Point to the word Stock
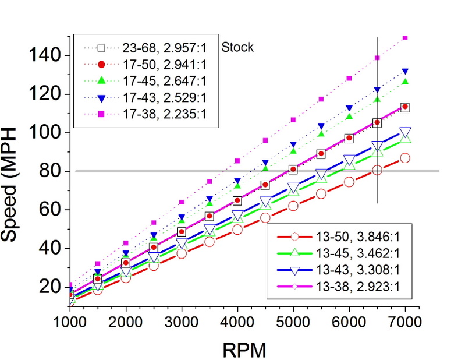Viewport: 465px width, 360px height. pyautogui.click(x=239, y=47)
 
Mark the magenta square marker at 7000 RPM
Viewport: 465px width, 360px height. pyautogui.click(x=405, y=37)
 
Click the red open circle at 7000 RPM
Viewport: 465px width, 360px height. pyautogui.click(x=405, y=158)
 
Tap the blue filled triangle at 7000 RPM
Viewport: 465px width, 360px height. pyautogui.click(x=405, y=72)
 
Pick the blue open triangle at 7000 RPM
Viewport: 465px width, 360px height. pyautogui.click(x=405, y=132)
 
